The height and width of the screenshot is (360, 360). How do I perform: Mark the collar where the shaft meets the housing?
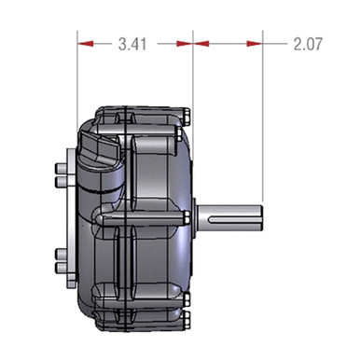pos(197,217)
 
